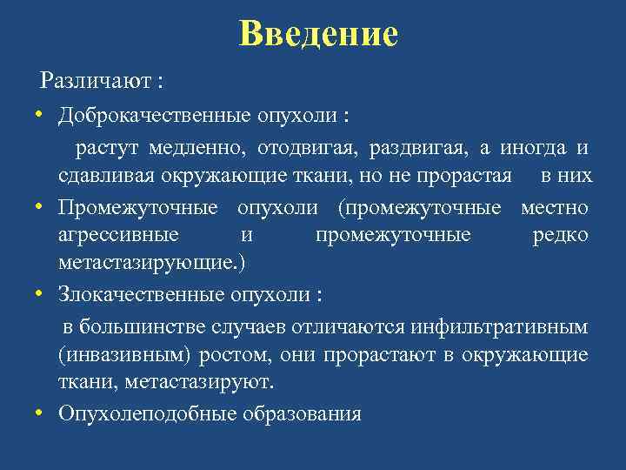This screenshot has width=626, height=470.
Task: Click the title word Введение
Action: point(318,34)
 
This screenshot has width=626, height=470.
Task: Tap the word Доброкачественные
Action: point(156,116)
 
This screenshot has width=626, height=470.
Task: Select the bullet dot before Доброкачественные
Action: point(41,116)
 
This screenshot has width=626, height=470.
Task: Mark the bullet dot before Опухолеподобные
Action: point(41,414)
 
